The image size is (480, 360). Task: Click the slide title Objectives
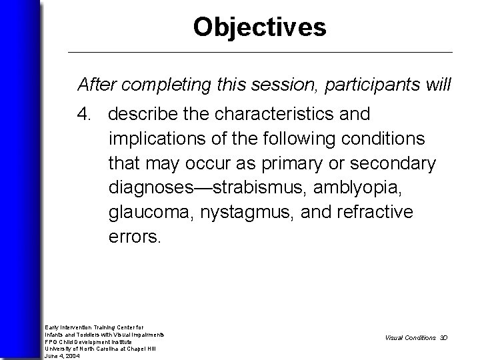259,27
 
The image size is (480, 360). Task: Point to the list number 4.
85,115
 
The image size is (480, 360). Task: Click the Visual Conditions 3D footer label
416,337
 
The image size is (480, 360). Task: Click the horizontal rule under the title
260,52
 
